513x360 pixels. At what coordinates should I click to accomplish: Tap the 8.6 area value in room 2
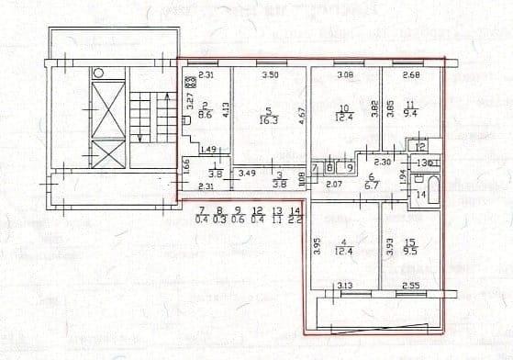tap(207, 116)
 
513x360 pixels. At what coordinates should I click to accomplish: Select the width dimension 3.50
tap(270, 74)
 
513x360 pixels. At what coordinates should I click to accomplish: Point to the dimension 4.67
tap(303, 115)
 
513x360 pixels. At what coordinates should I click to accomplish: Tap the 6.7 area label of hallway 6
tap(374, 184)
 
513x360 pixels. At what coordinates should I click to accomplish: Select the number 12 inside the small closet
tap(420, 147)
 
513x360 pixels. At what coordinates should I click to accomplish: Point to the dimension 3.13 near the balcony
tap(346, 287)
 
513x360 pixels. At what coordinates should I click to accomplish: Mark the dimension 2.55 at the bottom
tap(410, 287)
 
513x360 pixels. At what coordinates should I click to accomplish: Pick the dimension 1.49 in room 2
tap(207, 150)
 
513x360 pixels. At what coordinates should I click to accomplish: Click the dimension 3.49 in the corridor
tap(247, 173)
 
